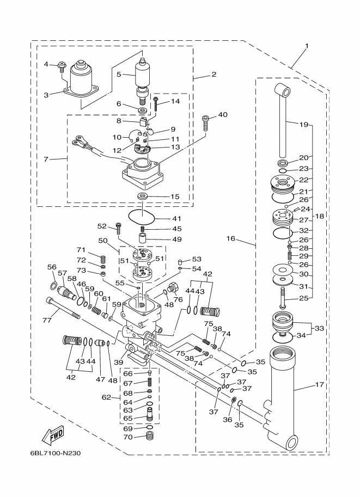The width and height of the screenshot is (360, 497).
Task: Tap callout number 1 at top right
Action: pos(307,46)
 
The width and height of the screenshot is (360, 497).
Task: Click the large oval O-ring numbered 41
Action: pos(142,217)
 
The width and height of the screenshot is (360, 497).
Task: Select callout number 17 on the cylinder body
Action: pos(320,385)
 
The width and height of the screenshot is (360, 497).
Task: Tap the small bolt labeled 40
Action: pos(205,124)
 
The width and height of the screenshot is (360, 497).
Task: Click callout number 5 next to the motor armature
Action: pos(119,75)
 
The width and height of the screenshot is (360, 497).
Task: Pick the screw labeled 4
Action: pos(62,66)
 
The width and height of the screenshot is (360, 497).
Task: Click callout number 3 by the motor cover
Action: pos(47,95)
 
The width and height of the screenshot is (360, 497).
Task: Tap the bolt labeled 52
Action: pos(118,229)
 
